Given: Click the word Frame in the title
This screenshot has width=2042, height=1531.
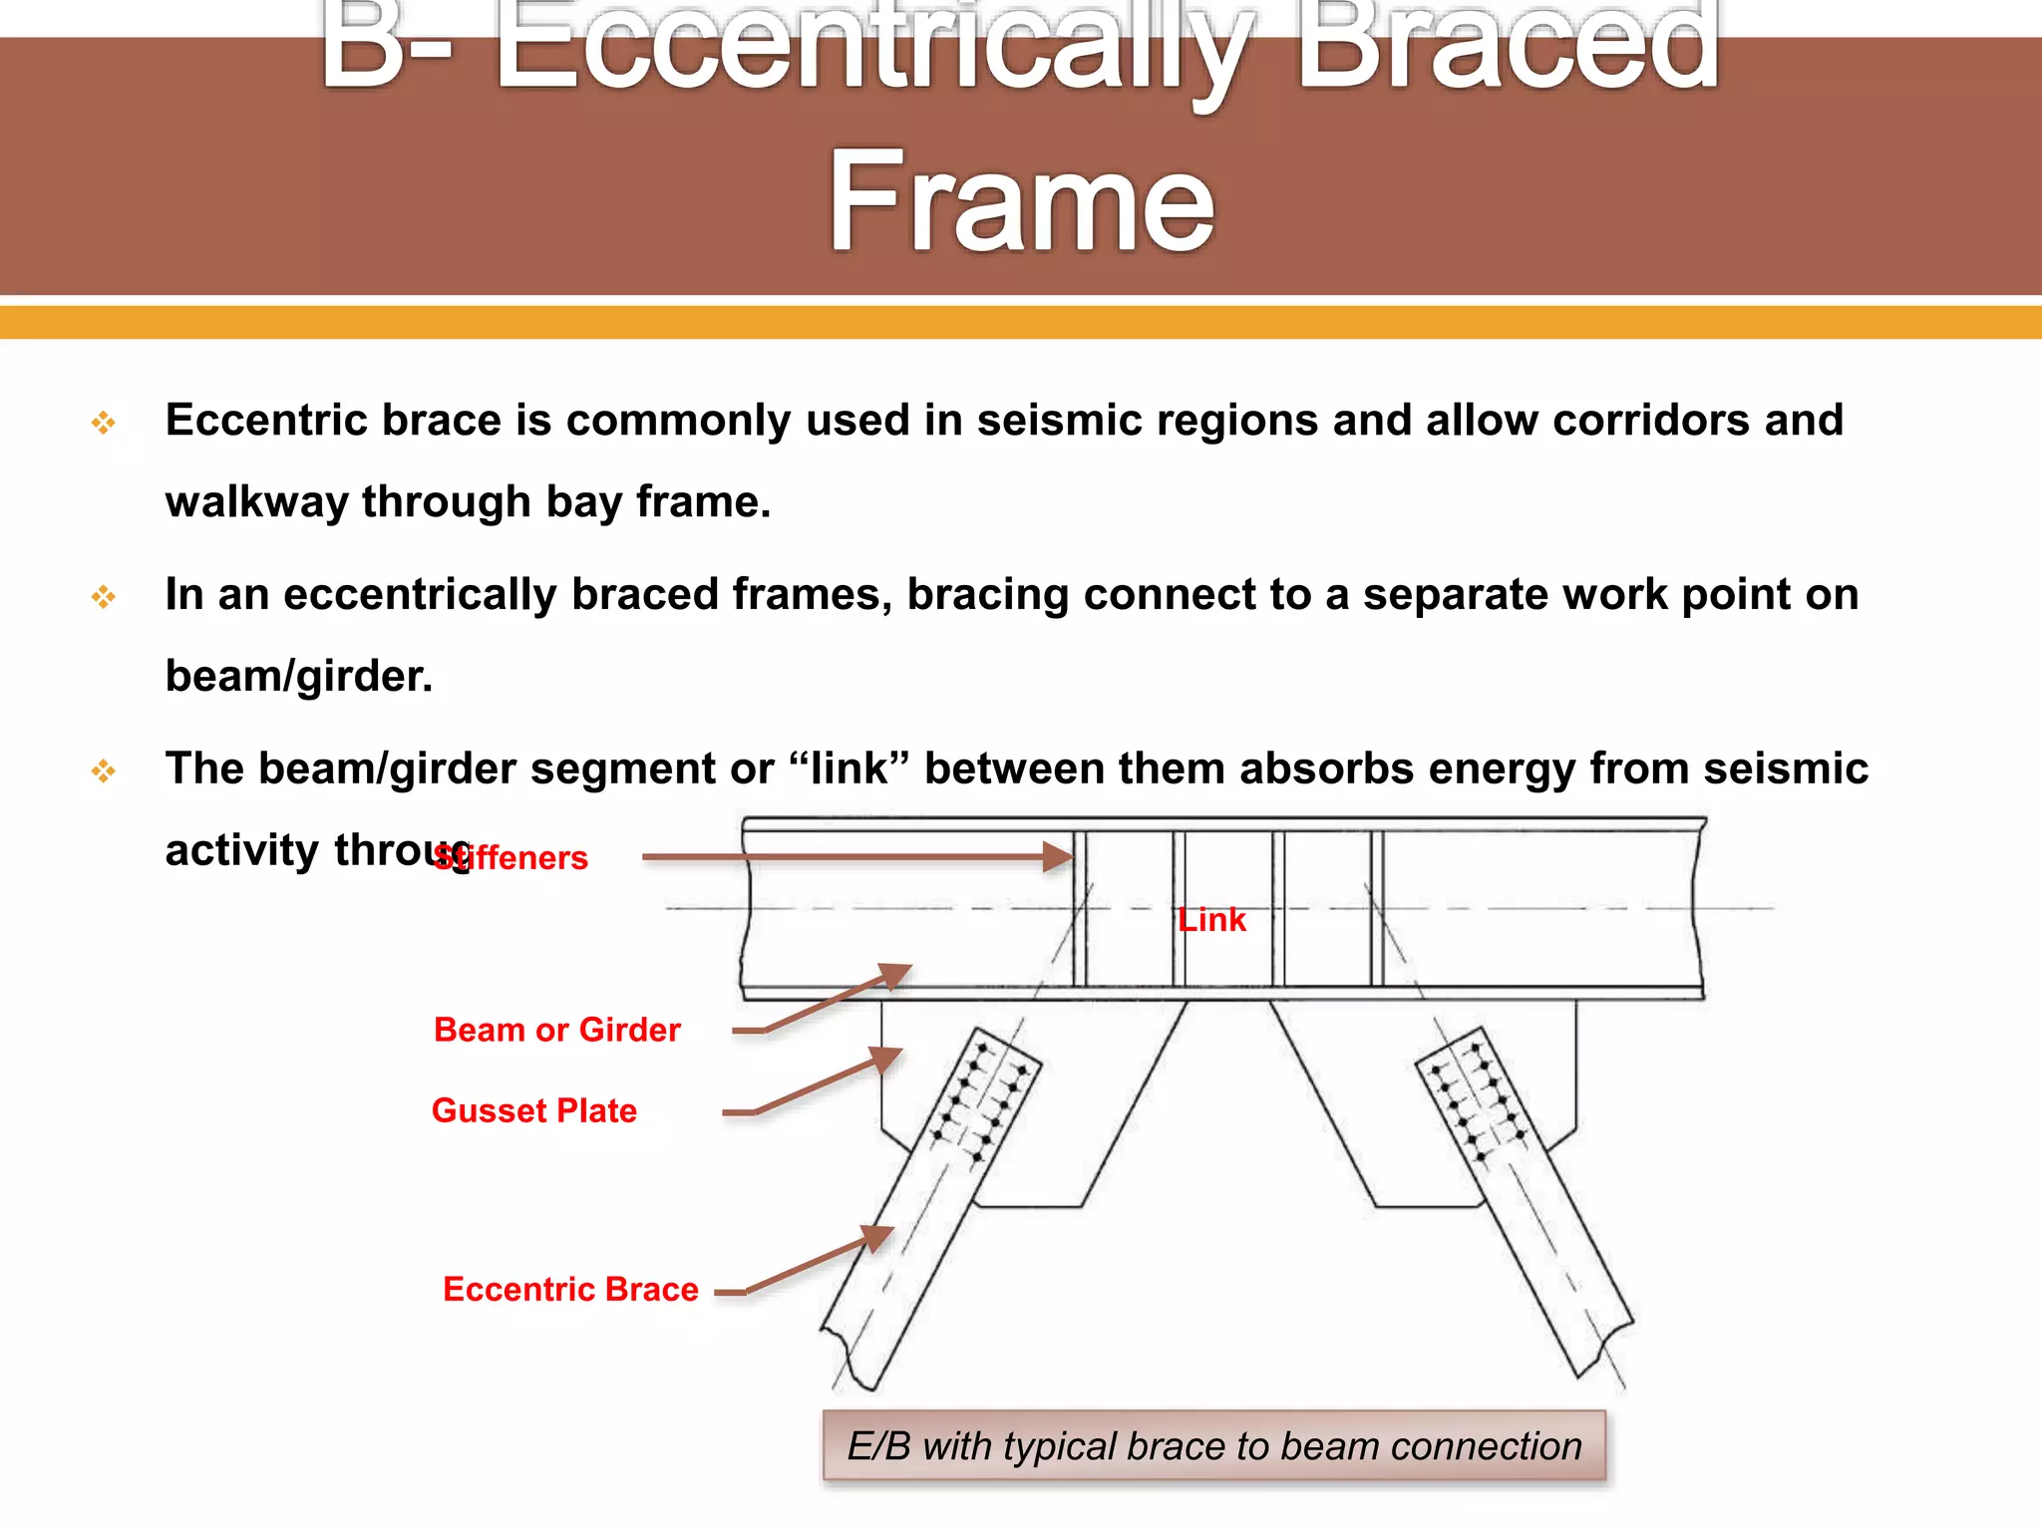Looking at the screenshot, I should (x=1021, y=202).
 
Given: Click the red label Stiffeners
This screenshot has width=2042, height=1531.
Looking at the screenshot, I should (x=510, y=858).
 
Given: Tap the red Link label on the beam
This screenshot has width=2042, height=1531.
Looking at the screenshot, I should (x=1211, y=919).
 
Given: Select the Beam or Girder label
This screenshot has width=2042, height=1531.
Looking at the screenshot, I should (x=556, y=1030).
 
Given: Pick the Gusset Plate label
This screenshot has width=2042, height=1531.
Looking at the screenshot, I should (x=533, y=1110).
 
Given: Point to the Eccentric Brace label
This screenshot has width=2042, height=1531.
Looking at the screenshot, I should (x=570, y=1289).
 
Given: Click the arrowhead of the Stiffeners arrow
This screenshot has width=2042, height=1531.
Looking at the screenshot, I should (x=1059, y=856).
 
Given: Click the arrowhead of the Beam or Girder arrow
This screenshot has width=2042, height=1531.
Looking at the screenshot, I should (x=897, y=973).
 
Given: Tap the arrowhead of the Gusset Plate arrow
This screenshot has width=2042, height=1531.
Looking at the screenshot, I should (x=889, y=1058).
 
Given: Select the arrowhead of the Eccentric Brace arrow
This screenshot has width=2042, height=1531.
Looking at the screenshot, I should (x=879, y=1236).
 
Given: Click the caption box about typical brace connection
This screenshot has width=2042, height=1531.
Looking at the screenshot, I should (x=1213, y=1446).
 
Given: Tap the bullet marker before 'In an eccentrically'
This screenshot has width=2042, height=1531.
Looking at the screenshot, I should (x=104, y=597).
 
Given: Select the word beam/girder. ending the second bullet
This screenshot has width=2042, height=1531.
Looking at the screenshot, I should (x=298, y=676).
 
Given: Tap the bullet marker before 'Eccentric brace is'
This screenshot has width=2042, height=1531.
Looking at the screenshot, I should (x=104, y=423).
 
